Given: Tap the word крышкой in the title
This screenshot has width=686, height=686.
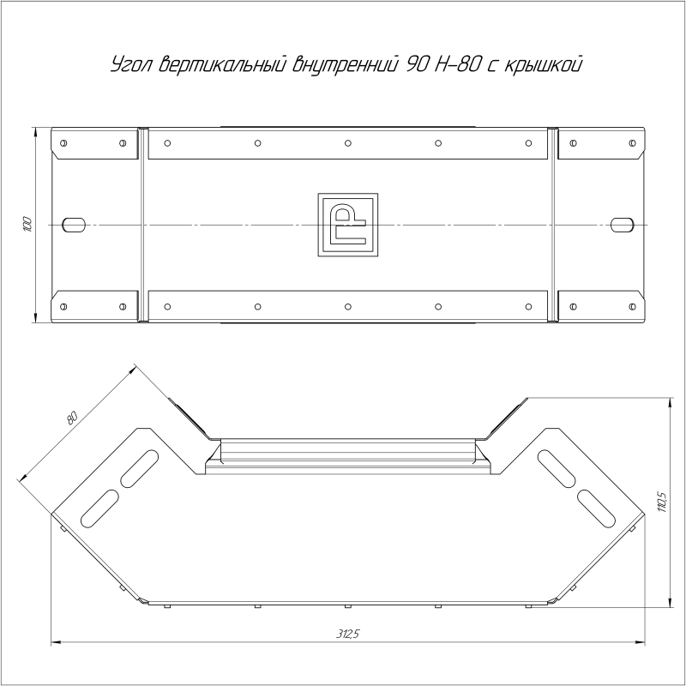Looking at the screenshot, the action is [544, 65].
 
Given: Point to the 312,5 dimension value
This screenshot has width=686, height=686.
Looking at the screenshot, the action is [348, 634].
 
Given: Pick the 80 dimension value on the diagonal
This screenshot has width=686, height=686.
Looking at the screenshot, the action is [72, 418].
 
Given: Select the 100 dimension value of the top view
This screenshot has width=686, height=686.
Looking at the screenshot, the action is [27, 224].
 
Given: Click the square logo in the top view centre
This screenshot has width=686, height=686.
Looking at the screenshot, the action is [348, 225].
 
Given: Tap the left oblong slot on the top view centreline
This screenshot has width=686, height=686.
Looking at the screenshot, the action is [74, 225].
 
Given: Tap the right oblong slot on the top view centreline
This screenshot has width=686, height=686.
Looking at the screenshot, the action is [623, 225].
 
